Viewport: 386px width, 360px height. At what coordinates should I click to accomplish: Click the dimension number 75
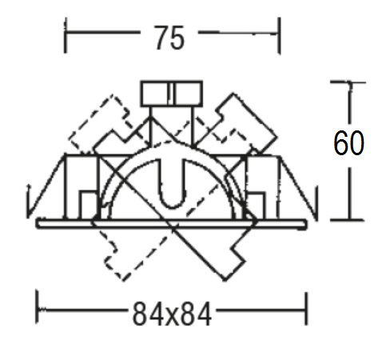pos(169,38)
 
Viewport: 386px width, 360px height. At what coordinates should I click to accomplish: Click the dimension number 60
pos(348,142)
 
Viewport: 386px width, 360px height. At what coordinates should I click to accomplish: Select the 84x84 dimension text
pos(172,314)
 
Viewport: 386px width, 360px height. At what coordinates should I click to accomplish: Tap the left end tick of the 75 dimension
pos(66,35)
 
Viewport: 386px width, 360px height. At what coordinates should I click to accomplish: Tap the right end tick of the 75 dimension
pos(279,36)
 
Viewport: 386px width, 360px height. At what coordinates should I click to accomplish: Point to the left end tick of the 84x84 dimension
pos(38,307)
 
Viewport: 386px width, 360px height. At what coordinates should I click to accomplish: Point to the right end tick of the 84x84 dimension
pos(306,309)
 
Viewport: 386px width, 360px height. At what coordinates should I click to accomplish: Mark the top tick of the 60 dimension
pos(348,82)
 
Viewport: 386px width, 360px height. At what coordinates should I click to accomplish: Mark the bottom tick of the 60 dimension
pos(347,220)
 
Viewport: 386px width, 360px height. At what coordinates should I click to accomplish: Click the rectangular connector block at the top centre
pos(172,94)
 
